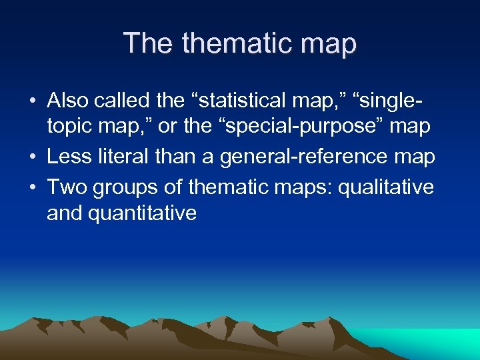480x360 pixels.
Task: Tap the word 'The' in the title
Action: [x=149, y=43]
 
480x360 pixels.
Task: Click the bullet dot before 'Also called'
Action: [x=32, y=101]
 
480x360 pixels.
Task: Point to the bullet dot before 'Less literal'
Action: [x=32, y=158]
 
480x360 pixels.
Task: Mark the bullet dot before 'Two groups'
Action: [x=32, y=187]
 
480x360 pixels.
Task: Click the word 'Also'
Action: [x=68, y=101]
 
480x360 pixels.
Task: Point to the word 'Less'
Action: [x=69, y=157]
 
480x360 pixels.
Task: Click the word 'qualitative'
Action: [x=386, y=187]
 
